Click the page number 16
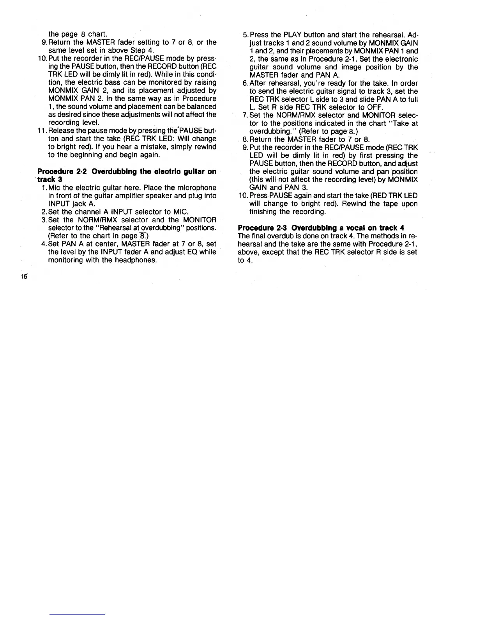coord(24,276)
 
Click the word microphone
coord(198,188)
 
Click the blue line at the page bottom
coord(78,614)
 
